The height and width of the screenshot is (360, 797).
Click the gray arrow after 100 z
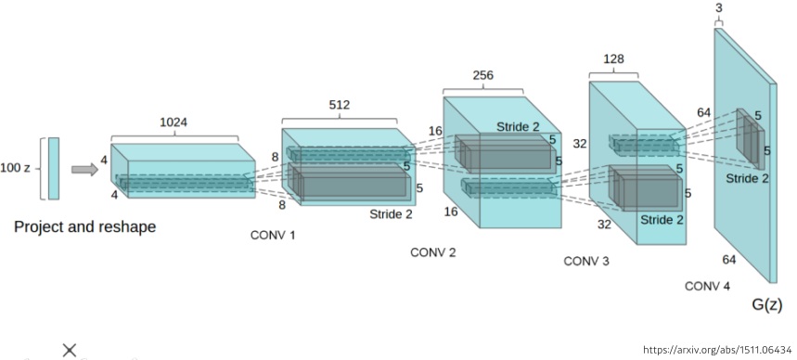(x=84, y=169)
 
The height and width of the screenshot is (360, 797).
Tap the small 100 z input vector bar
(x=54, y=168)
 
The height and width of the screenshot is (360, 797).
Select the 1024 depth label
(x=174, y=122)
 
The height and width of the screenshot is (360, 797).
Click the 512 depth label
(x=339, y=105)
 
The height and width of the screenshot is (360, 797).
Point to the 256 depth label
(x=482, y=75)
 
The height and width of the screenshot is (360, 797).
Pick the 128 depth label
(x=613, y=59)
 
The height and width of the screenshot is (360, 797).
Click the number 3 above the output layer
(x=718, y=8)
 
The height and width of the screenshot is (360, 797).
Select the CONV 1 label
(x=273, y=235)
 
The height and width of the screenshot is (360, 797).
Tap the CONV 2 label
(x=433, y=252)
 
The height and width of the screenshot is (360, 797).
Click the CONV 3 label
(x=586, y=261)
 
